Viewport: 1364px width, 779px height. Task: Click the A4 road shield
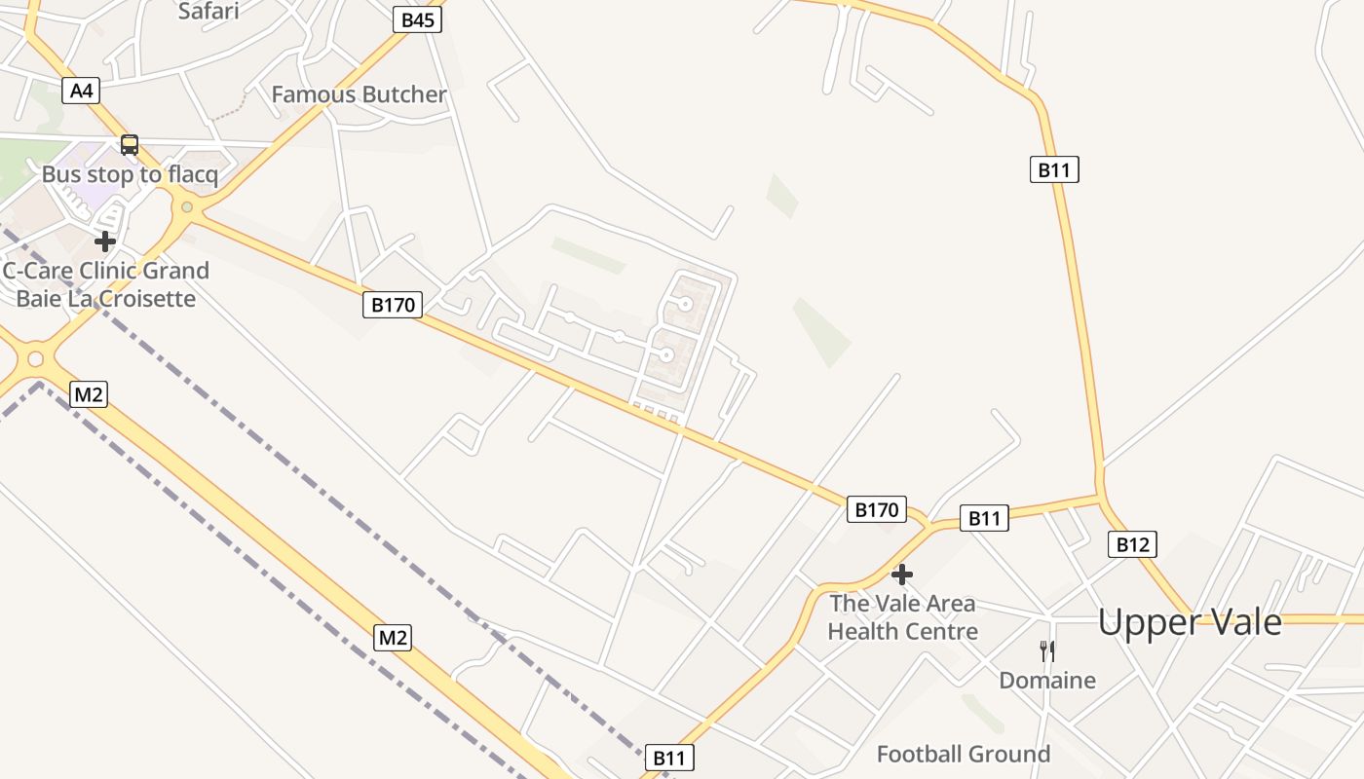(82, 91)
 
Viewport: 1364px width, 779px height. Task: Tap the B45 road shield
(417, 19)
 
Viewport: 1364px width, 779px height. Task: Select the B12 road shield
(1132, 544)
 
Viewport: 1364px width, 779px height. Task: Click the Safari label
(208, 12)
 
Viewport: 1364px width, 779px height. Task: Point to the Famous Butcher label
(359, 94)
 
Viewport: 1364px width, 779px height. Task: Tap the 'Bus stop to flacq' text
(130, 175)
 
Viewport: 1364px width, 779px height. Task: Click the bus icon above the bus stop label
(130, 145)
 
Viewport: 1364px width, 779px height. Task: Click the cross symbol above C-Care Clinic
(105, 241)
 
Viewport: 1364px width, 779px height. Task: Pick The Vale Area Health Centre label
(902, 617)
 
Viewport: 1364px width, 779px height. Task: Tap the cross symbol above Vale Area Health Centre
(902, 575)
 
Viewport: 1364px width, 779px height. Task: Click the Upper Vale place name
(1190, 621)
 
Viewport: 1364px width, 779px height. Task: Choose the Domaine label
(1047, 680)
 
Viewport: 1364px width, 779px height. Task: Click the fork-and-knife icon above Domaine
(1047, 650)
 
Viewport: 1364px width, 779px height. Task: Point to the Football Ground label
(964, 754)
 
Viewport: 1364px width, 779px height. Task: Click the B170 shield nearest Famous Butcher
(394, 305)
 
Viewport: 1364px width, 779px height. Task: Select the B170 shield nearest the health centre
(876, 509)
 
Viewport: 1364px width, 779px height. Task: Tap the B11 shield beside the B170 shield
(984, 518)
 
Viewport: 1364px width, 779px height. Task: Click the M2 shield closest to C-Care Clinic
(89, 394)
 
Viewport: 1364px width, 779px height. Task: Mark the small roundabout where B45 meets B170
(187, 206)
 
